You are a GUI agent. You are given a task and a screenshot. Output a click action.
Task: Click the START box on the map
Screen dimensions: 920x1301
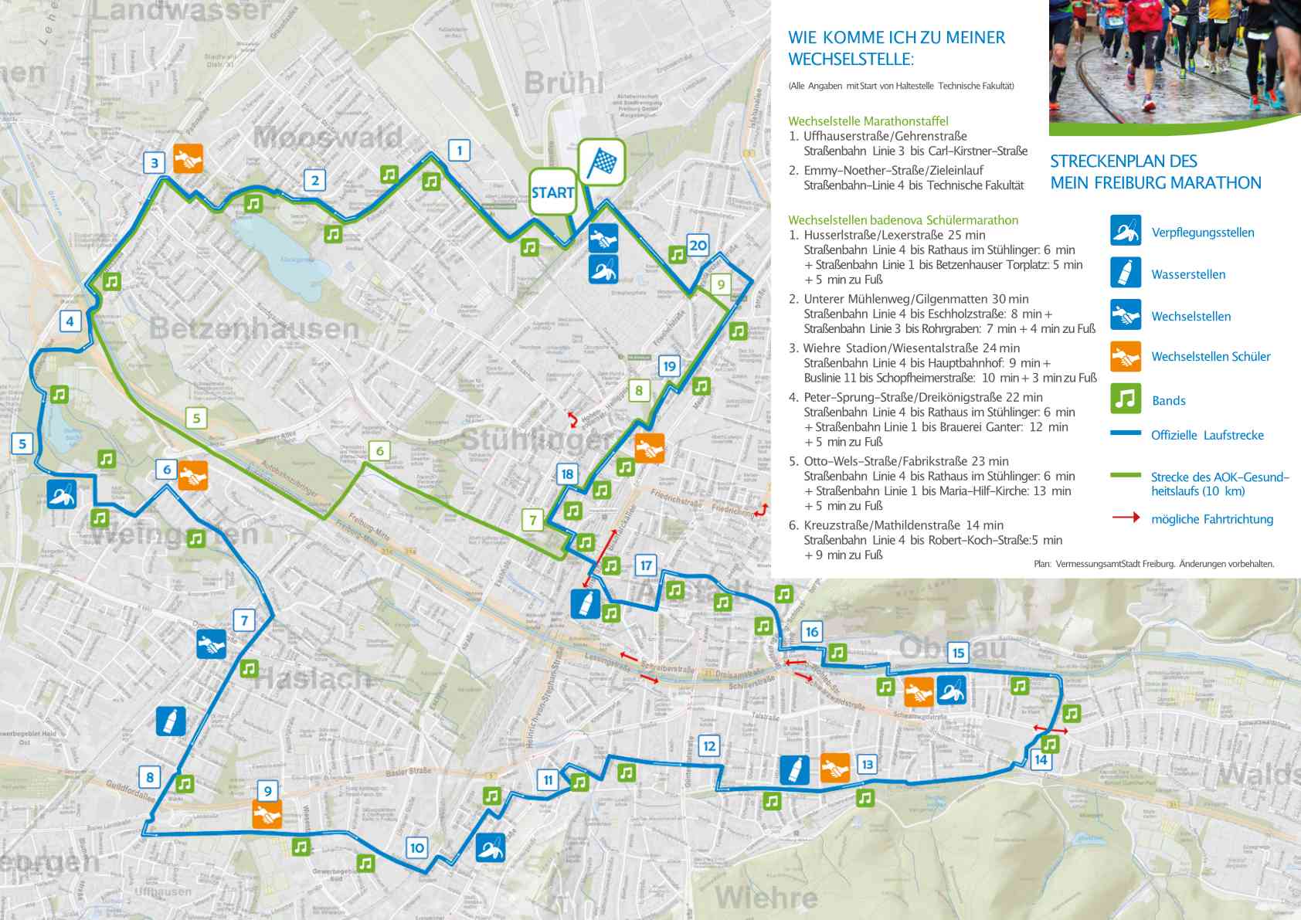[552, 192]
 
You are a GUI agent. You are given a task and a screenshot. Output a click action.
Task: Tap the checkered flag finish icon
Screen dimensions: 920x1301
[601, 162]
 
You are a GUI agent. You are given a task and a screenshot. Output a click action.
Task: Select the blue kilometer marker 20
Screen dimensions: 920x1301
[698, 246]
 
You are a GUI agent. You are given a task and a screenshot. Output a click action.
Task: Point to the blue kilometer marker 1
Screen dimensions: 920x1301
[460, 150]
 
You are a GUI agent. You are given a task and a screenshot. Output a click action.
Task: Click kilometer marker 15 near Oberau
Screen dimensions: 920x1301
[958, 653]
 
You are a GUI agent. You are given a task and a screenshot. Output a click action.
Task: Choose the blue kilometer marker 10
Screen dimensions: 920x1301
[416, 847]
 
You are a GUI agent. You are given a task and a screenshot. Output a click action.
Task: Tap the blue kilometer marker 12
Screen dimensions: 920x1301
[708, 745]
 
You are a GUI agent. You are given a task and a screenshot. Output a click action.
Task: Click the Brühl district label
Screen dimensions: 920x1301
[564, 83]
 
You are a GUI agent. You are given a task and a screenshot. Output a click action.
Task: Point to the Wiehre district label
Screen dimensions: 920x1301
[766, 898]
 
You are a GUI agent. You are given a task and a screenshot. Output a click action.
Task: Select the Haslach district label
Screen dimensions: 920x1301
[313, 678]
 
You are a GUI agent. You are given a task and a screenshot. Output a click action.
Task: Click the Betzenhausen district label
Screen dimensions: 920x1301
[254, 328]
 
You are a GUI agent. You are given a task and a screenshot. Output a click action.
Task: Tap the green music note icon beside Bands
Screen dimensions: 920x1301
[1126, 399]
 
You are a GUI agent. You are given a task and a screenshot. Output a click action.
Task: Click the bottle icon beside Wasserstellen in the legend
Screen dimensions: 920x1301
[1126, 273]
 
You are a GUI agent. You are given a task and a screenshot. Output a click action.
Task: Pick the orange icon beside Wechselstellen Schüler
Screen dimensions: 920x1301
[1126, 356]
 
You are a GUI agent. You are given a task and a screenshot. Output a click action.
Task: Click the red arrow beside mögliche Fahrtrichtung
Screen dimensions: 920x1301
[1126, 518]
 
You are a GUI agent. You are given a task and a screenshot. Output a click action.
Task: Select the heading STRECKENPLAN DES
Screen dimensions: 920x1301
[1123, 161]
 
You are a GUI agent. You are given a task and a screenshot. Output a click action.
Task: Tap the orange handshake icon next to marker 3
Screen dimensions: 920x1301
[188, 158]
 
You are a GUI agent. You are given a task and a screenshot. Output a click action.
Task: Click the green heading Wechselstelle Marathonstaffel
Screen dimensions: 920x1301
[868, 121]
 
